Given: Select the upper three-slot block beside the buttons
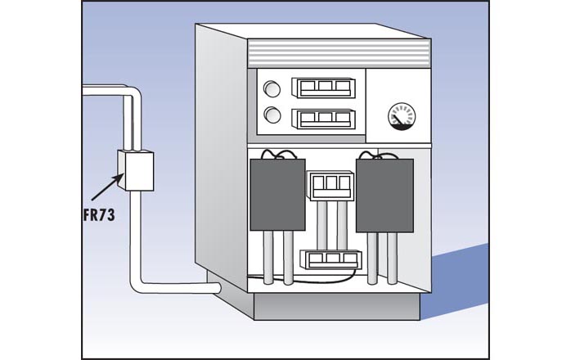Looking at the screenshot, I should click(x=321, y=88).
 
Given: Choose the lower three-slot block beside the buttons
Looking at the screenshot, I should click(x=321, y=118).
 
